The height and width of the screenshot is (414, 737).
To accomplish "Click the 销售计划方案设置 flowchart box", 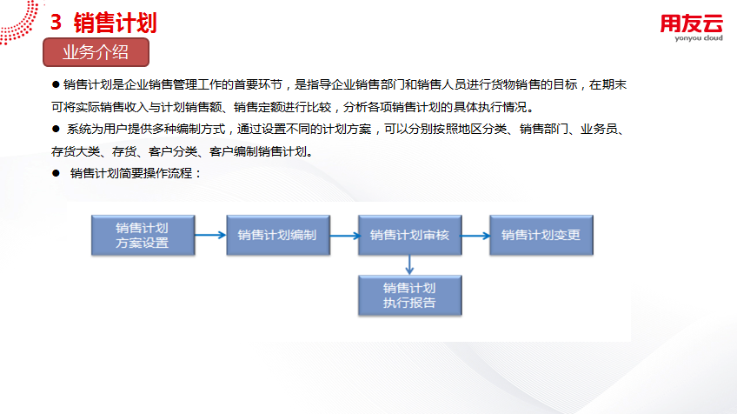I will [x=142, y=235].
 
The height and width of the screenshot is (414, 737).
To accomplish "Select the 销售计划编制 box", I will [x=276, y=235].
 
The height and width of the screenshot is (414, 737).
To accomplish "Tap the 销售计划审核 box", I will [x=409, y=235].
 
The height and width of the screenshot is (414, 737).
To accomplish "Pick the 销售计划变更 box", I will [x=541, y=235].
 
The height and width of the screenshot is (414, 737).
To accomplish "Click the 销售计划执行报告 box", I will [x=409, y=296].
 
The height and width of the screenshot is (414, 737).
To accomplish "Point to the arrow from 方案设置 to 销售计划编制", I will [x=209, y=235].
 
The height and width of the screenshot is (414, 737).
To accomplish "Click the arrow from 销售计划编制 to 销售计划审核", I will [x=342, y=235].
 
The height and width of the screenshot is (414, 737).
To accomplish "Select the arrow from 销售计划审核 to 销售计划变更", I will [x=475, y=235].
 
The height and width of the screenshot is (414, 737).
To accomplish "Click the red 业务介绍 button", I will [x=96, y=52].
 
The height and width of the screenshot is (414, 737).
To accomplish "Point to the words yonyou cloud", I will [x=691, y=39].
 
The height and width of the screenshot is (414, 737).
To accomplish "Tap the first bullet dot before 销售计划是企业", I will [x=56, y=84].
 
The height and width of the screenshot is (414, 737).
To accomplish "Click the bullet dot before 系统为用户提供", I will [x=56, y=130].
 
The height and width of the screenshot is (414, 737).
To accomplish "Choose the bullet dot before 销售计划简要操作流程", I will [x=56, y=174].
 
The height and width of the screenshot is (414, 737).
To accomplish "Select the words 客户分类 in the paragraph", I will [x=176, y=151].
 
